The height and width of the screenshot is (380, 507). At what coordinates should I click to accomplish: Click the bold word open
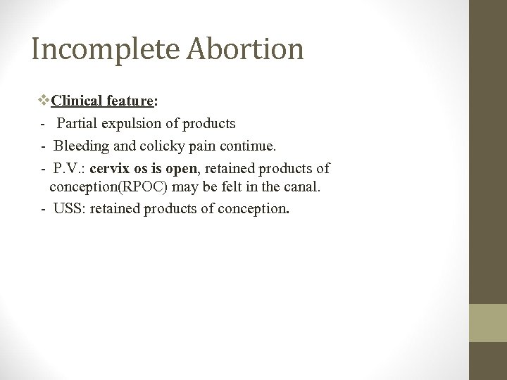[x=181, y=170]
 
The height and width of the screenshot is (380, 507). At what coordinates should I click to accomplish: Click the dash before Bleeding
[x=44, y=146]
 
